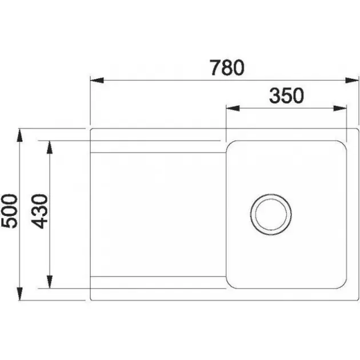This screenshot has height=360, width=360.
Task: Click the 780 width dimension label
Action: tap(227, 67)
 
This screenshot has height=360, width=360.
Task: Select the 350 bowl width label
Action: tap(286, 95)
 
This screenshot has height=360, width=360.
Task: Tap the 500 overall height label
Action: tap(9, 211)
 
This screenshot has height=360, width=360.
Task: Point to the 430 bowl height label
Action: tap(39, 211)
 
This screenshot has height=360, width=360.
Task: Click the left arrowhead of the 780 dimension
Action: tap(97, 81)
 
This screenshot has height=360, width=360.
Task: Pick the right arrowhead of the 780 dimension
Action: tap(352, 81)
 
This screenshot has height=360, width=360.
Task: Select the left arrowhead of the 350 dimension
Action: tap(233, 108)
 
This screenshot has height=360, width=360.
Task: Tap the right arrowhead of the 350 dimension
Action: tap(340, 108)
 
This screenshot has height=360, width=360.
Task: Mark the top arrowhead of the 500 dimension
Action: tap(20, 135)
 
